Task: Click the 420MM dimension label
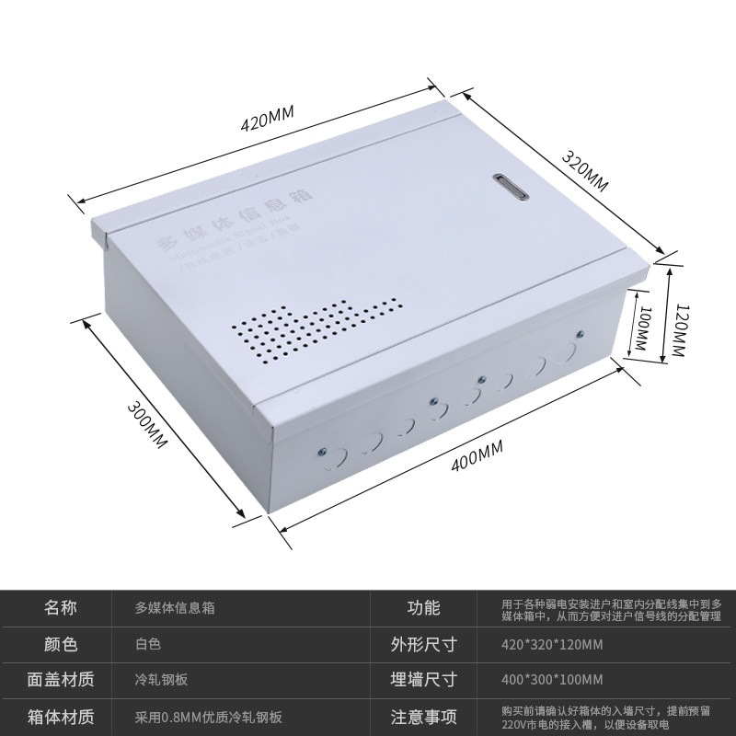pos(267,120)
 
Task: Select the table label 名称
pos(61,607)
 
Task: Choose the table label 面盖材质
pos(61,680)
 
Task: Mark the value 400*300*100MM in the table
pos(552,680)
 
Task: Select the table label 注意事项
pos(423,717)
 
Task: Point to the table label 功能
pos(423,607)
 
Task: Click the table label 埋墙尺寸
pos(423,680)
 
